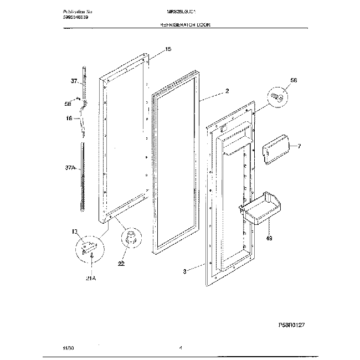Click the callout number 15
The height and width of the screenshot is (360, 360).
[168, 49]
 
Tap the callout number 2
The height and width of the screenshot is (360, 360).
[227, 90]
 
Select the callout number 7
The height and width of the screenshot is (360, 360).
[299, 146]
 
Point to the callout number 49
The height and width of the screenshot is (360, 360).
[270, 239]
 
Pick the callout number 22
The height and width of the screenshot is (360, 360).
[121, 264]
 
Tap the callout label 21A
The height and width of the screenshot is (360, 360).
[90, 278]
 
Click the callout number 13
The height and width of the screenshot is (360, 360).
[74, 232]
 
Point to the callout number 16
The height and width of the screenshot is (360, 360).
[69, 118]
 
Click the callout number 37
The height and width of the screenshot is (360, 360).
[73, 81]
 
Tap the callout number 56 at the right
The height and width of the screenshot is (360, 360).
[294, 80]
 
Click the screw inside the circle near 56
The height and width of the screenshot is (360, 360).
[279, 97]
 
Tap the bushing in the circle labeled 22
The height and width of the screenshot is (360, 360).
[132, 239]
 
